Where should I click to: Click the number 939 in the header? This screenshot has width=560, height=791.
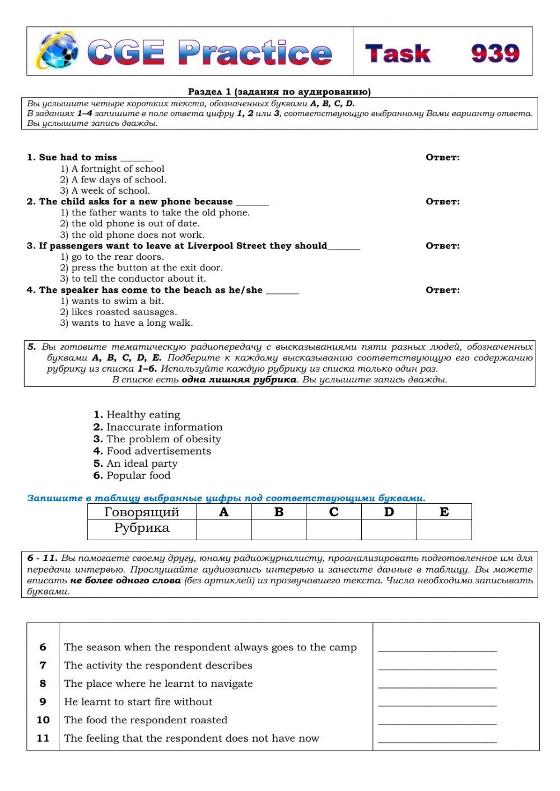(495, 53)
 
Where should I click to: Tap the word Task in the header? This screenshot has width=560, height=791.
(398, 53)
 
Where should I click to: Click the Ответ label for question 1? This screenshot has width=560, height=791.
(442, 157)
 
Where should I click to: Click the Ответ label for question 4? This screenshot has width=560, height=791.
(442, 290)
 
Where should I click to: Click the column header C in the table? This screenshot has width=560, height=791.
(334, 512)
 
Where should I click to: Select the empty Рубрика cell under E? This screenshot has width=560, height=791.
(444, 530)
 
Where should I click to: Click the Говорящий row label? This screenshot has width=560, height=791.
(142, 512)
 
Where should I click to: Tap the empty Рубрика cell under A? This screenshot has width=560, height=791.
(224, 530)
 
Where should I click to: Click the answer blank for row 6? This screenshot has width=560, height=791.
(437, 648)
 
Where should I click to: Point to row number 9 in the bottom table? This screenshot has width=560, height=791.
(43, 702)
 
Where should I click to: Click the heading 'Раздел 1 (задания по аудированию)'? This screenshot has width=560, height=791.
(279, 92)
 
